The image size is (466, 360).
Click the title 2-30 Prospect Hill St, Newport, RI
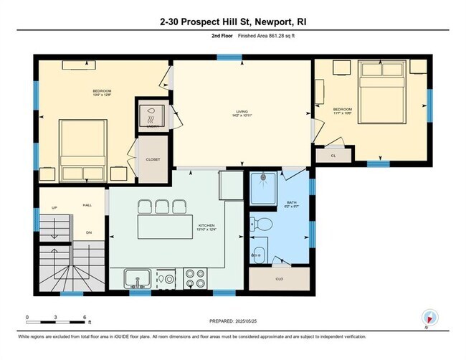click(x=232, y=22)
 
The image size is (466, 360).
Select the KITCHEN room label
click(x=206, y=227)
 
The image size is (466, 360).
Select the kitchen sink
click(x=137, y=277)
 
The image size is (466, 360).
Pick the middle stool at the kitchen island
click(x=159, y=207)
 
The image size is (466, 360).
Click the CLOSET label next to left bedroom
click(x=153, y=159)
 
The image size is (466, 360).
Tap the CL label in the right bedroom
click(x=333, y=155)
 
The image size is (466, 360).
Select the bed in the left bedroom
click(x=82, y=151)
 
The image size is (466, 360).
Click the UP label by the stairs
click(x=54, y=208)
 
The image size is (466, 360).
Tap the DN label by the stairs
click(x=88, y=233)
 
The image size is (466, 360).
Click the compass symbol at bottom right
click(x=429, y=317)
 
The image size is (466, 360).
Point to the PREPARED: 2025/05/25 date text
click(x=234, y=321)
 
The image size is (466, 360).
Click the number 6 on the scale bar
click(x=85, y=316)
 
